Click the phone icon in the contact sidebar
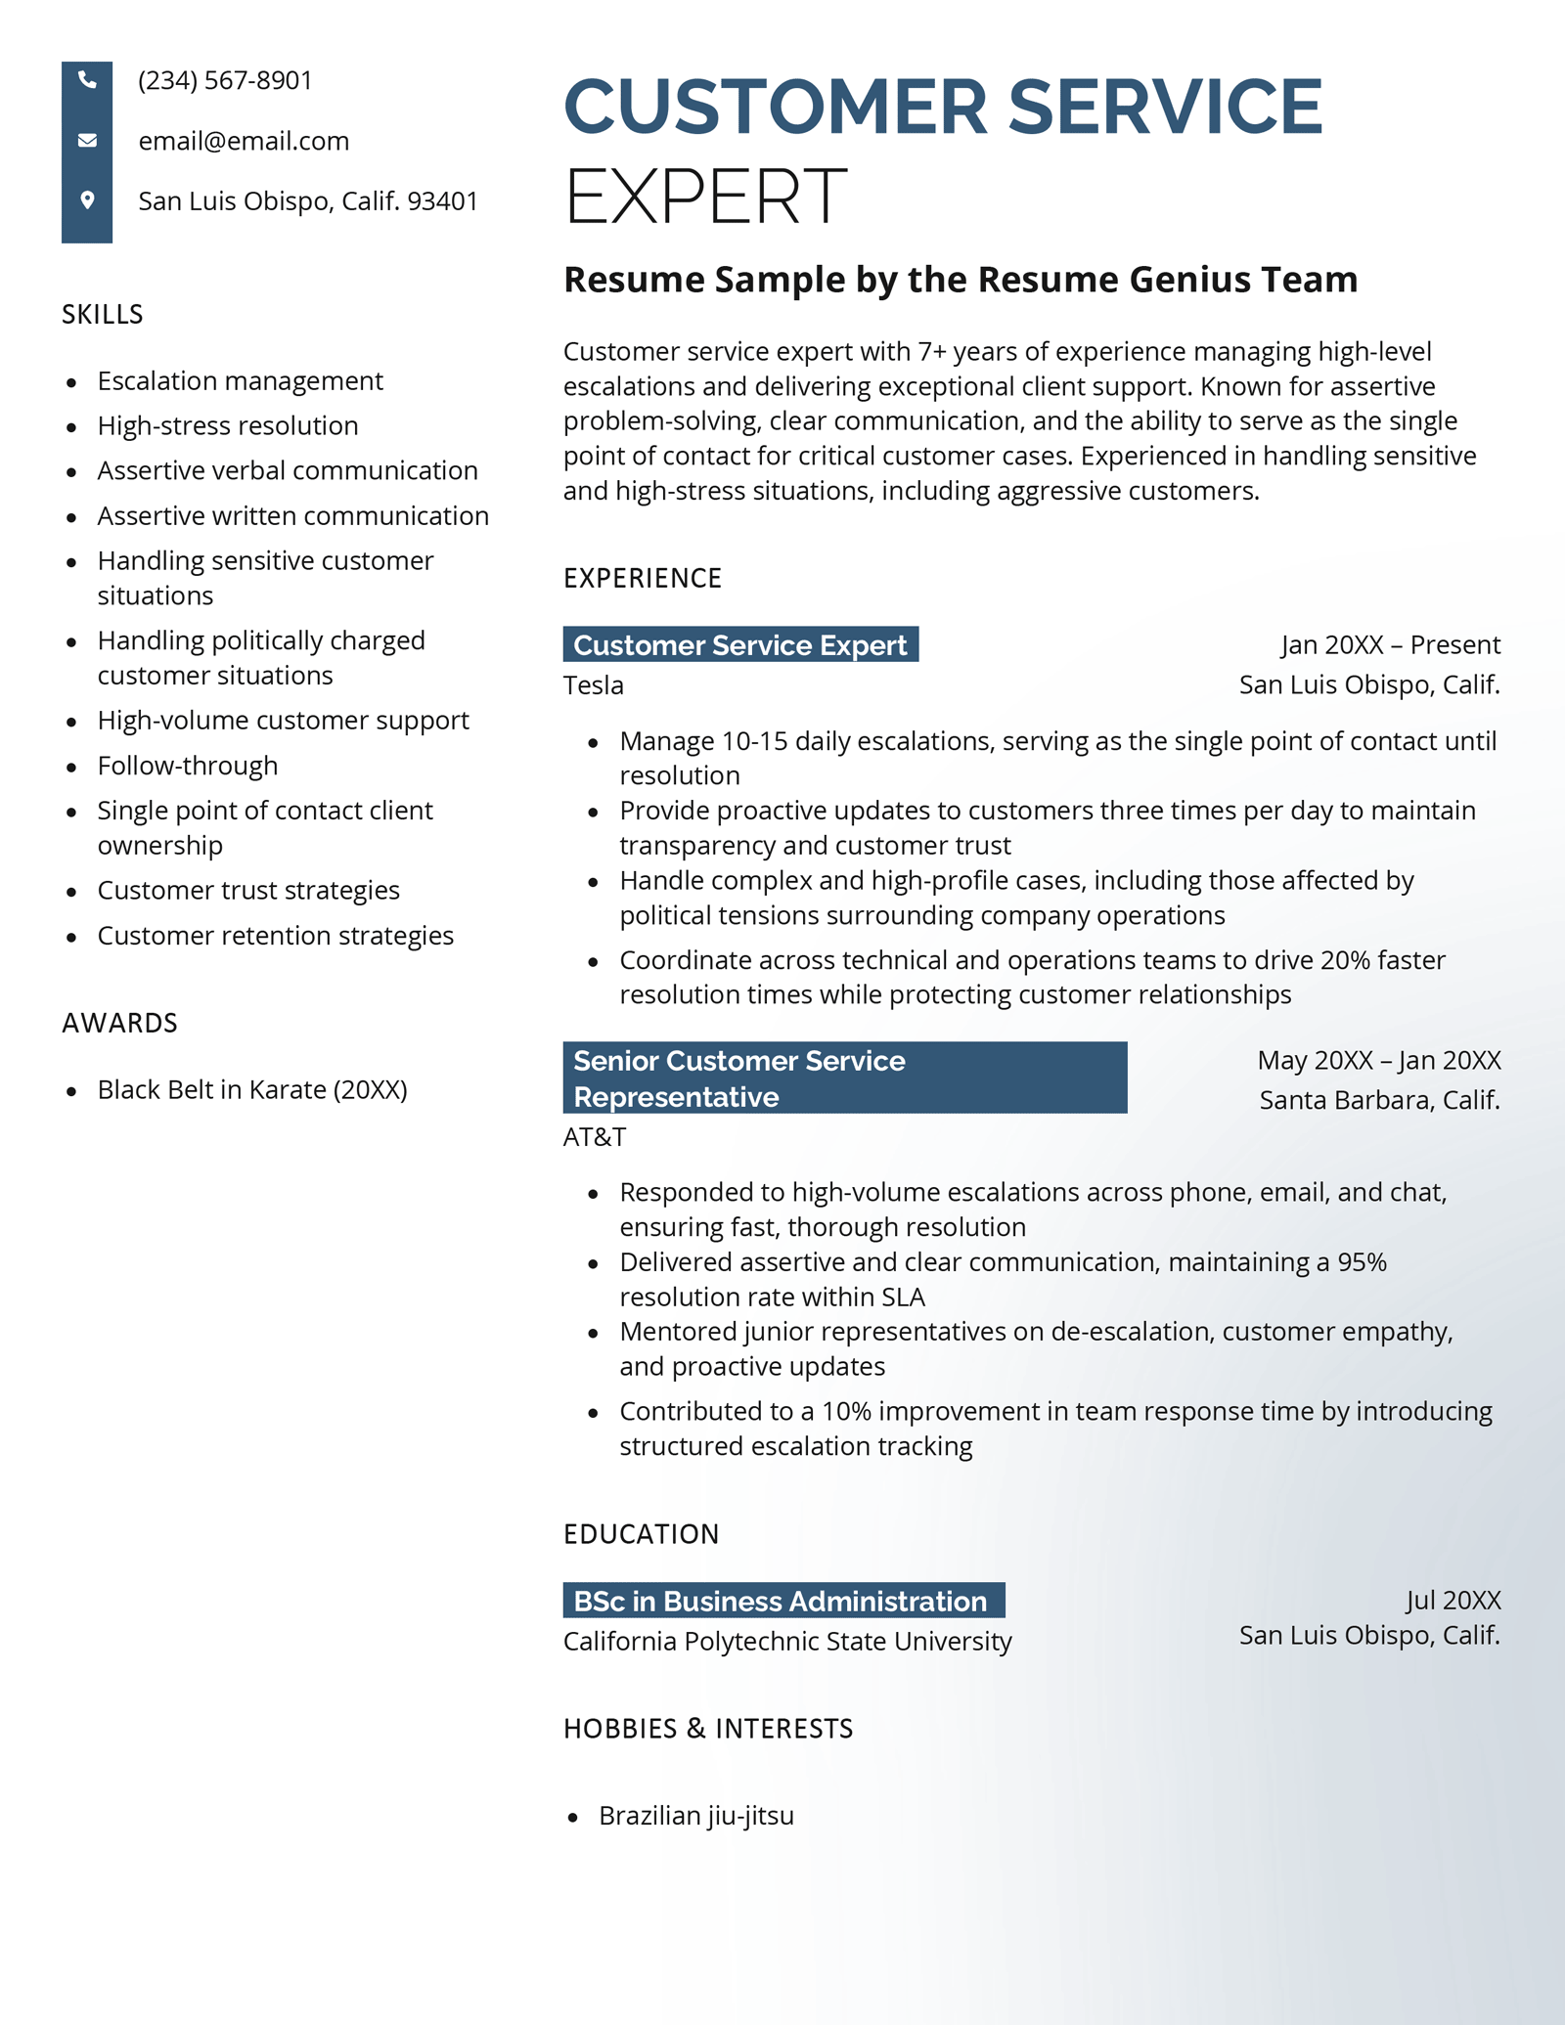click(x=87, y=80)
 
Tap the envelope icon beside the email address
click(x=87, y=141)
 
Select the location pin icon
click(x=87, y=200)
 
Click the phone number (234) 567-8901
click(x=225, y=80)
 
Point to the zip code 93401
click(x=442, y=201)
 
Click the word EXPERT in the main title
click(x=705, y=197)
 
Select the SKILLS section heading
click(x=103, y=315)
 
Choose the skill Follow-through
click(x=187, y=766)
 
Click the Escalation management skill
click(x=240, y=380)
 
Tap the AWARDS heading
click(x=119, y=1024)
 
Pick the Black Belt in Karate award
click(x=251, y=1089)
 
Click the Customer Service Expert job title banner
click(x=739, y=645)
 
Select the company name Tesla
click(x=593, y=685)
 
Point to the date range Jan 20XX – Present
click(x=1390, y=645)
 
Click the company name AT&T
click(x=594, y=1137)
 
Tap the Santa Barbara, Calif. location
click(x=1378, y=1100)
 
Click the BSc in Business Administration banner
click(x=782, y=1602)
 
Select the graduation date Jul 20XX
click(x=1453, y=1601)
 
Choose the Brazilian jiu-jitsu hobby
click(x=695, y=1816)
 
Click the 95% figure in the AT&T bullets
click(x=1362, y=1262)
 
